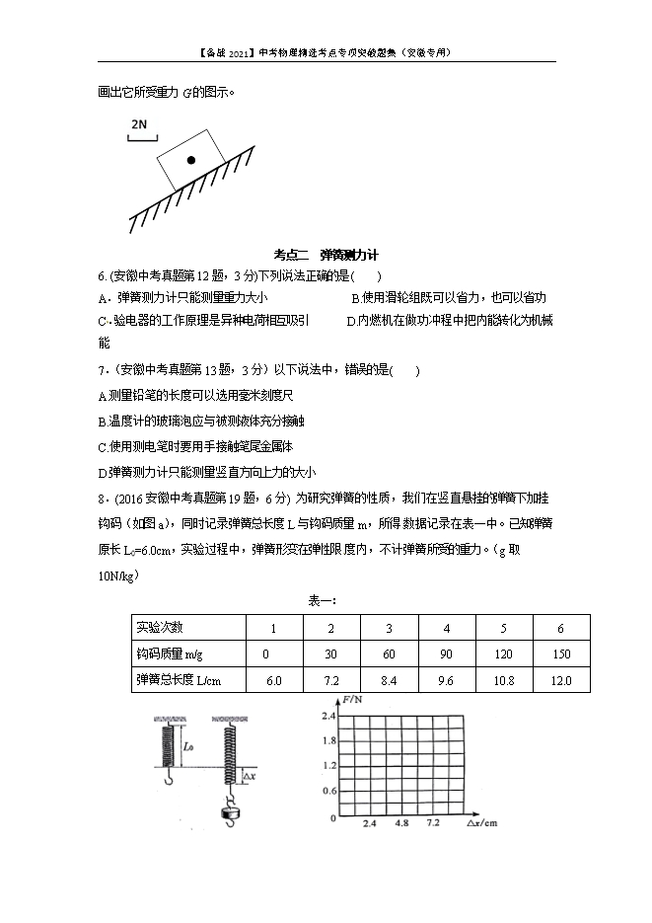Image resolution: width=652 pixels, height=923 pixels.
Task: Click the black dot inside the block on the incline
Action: (x=190, y=160)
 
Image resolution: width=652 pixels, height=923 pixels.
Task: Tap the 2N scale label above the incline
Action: (x=138, y=125)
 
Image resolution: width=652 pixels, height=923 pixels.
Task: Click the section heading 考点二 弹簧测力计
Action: (x=325, y=255)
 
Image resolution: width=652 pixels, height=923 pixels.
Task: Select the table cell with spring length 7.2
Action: (x=331, y=680)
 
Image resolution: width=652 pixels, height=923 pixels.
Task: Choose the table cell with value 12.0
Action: (x=561, y=680)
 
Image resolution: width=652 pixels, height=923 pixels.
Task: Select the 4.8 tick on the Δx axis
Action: (x=401, y=823)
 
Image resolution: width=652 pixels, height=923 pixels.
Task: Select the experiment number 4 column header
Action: (x=446, y=628)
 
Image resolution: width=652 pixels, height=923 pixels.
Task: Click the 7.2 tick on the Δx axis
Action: (x=432, y=823)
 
